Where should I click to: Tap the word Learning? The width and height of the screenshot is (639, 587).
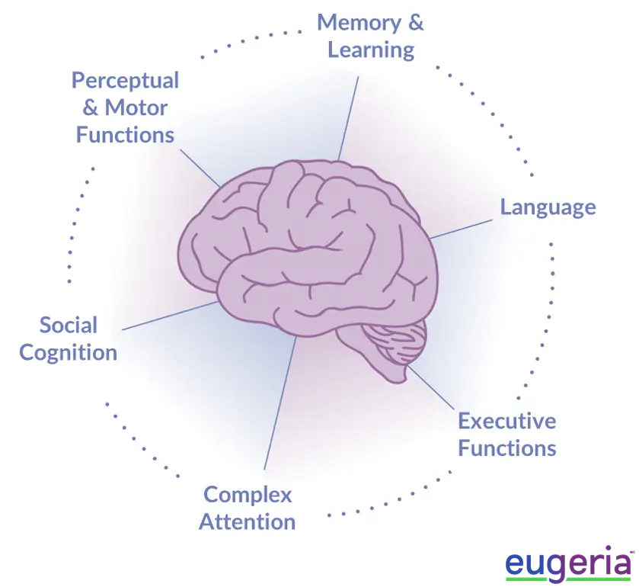tap(371, 50)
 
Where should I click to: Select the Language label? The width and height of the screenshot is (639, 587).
tap(548, 207)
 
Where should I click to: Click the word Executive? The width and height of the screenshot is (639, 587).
tap(507, 421)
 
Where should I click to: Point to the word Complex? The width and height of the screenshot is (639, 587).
tap(248, 496)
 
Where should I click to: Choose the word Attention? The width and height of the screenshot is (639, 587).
tap(247, 521)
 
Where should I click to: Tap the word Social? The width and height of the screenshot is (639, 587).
tap(69, 325)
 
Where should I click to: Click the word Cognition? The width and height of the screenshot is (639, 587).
tap(68, 353)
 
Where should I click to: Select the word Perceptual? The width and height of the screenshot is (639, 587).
tap(125, 80)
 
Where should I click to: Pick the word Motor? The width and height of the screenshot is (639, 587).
tap(136, 107)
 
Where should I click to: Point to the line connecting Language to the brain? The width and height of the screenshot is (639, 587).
tap(462, 229)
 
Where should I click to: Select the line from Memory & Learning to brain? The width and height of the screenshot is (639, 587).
tap(348, 118)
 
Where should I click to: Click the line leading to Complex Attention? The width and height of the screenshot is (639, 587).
tap(280, 403)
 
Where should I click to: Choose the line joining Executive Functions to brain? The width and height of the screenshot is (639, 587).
tap(431, 387)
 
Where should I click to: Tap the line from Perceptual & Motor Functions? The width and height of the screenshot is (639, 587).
tap(200, 168)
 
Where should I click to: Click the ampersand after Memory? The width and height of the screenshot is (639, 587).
tap(415, 22)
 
